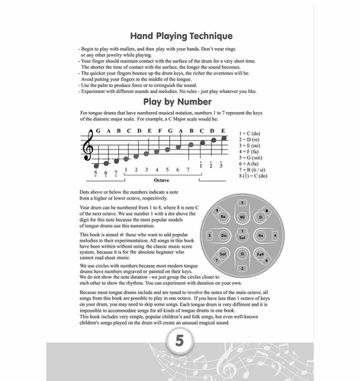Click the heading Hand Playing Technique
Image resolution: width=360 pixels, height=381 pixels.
coord(179,35)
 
